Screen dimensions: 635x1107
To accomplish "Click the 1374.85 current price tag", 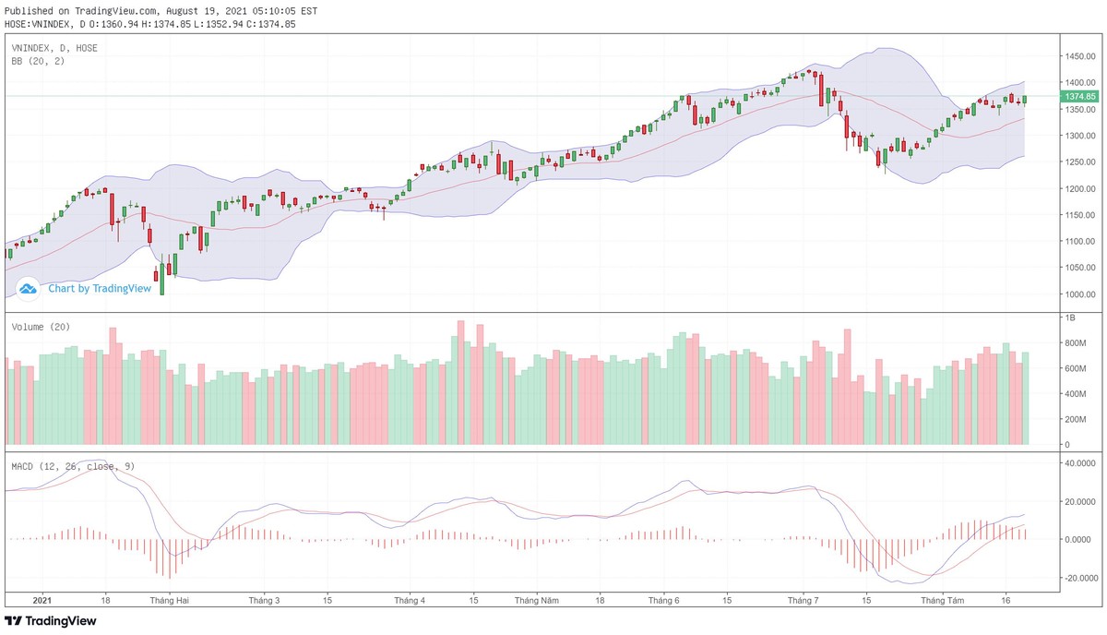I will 1079,96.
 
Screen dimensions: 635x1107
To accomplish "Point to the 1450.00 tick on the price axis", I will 1078,56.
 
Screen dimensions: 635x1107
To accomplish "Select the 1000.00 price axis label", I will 1078,294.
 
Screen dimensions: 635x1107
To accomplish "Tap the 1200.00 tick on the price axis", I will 1078,188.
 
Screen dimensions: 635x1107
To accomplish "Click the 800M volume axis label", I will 1075,343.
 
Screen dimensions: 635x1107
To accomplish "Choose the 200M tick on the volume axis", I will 1075,419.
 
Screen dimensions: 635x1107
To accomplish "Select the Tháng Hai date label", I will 170,600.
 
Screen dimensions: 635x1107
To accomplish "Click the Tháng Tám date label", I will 943,600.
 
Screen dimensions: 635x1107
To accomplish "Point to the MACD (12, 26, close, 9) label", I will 73,466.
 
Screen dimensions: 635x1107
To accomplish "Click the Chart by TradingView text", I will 99,288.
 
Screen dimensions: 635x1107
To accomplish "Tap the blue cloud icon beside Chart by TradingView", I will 28,289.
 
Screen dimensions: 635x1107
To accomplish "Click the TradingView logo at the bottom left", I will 51,621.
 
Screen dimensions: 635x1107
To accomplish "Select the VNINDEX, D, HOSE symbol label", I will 54,48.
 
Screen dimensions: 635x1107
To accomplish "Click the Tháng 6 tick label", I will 664,600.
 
